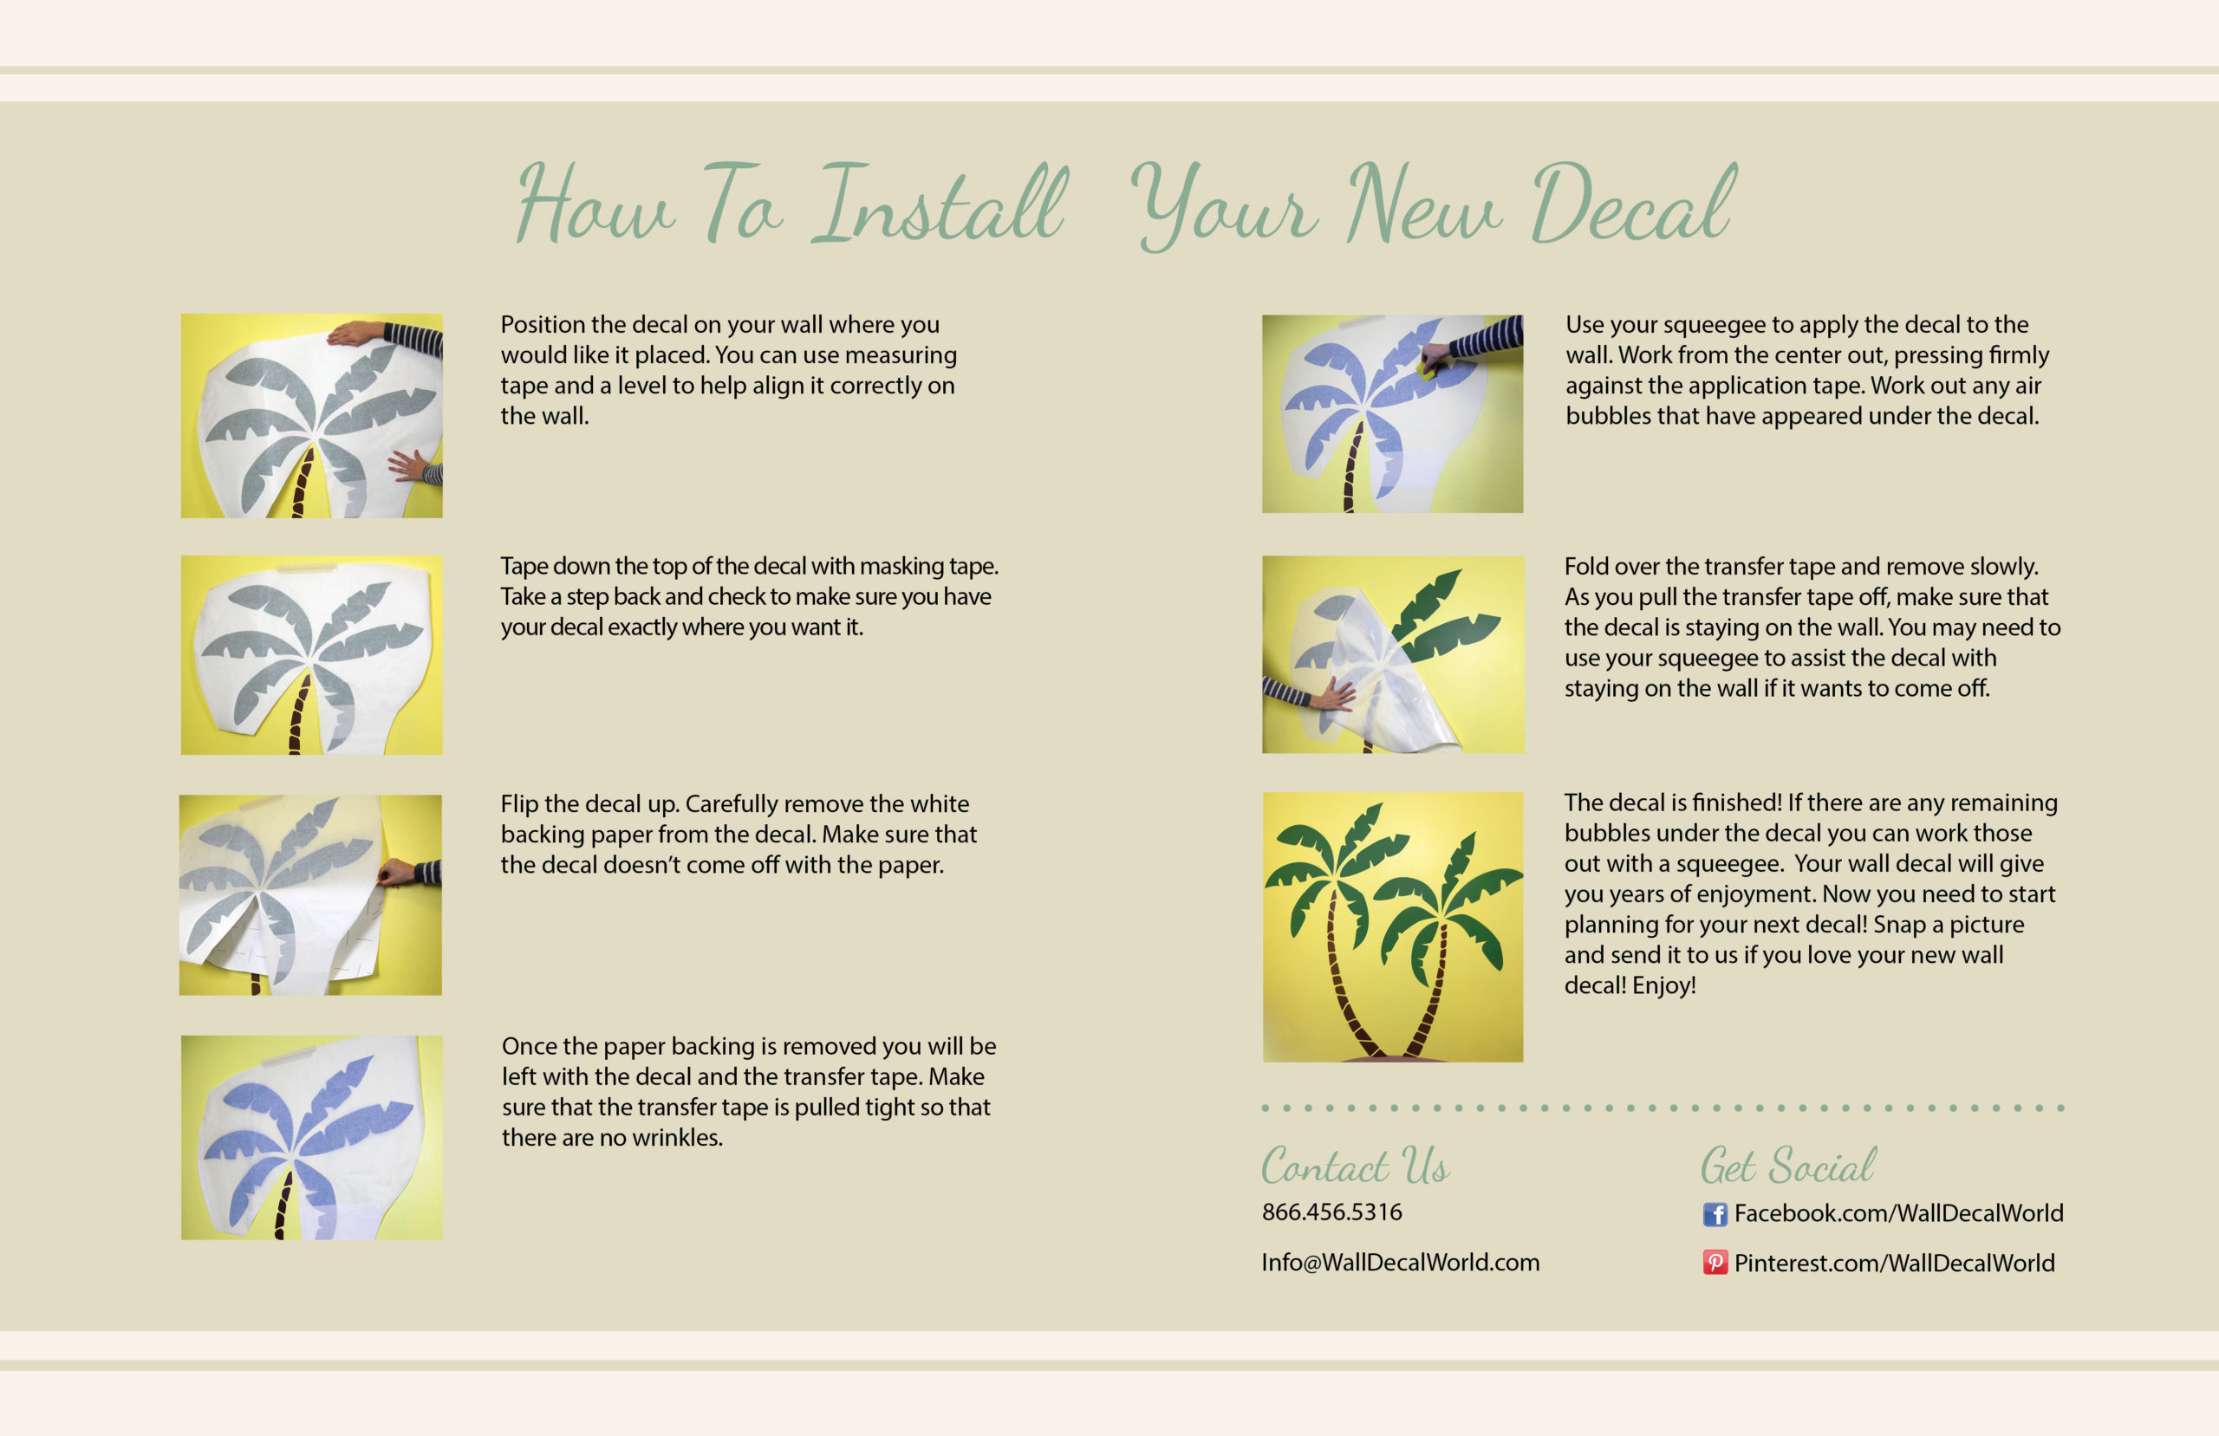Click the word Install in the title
[940, 204]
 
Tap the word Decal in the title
[1634, 204]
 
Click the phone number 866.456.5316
[1331, 1212]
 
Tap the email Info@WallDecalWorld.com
[1401, 1263]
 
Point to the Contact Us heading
[1356, 1166]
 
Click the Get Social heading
[1788, 1166]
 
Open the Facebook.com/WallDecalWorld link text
[1898, 1213]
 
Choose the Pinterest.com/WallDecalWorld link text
[1895, 1263]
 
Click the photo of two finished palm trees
[1393, 927]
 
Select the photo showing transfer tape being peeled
[1393, 654]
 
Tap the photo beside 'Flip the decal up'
[310, 895]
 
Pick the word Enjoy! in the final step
[1664, 985]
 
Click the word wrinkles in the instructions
[678, 1138]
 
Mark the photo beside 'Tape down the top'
[311, 654]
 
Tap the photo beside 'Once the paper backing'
[311, 1138]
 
